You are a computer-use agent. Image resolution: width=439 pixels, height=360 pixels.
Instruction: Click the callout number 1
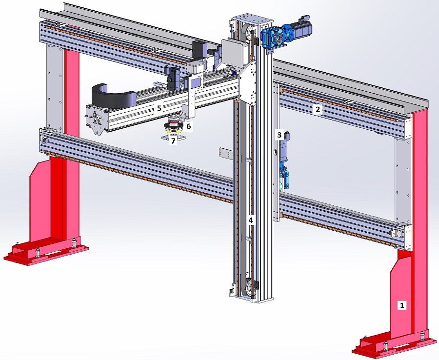coord(402,305)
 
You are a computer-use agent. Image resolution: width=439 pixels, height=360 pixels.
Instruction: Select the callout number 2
coord(318,109)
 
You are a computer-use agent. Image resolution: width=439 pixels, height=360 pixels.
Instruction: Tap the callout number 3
coord(279,135)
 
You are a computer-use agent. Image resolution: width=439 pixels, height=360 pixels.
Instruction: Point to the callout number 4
coord(251,220)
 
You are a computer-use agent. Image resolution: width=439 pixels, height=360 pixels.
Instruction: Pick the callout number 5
coord(159,108)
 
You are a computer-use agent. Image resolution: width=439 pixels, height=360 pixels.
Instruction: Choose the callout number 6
coord(188,126)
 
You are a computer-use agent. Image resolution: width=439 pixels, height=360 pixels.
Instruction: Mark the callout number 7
coord(173,141)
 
